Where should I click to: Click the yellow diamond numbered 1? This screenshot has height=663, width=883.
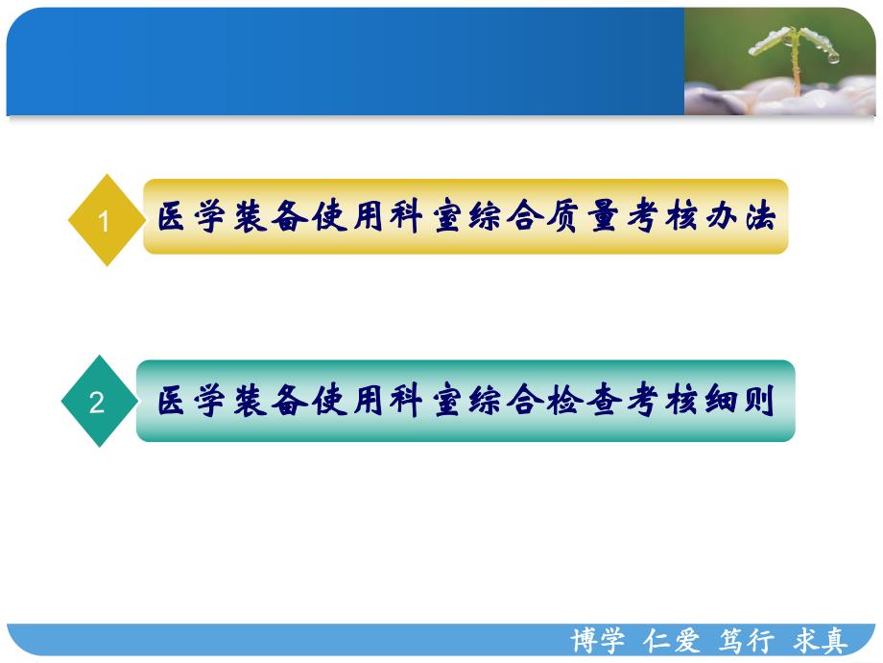[106, 220]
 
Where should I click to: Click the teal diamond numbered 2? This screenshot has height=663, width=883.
[97, 402]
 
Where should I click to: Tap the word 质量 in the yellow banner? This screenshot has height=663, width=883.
[579, 218]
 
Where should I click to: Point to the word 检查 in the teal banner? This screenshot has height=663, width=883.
[579, 402]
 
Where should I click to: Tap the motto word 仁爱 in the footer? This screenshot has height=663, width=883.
[672, 642]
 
